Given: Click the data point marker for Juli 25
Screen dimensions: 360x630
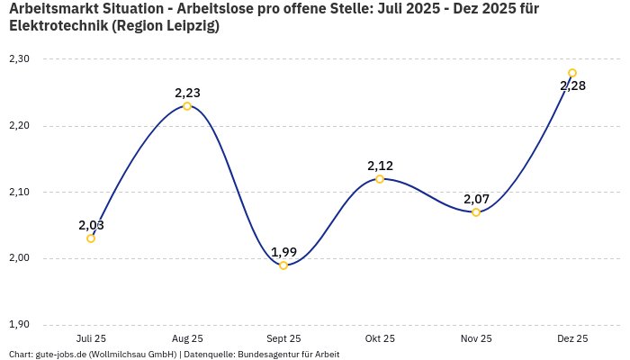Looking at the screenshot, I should coord(91,238).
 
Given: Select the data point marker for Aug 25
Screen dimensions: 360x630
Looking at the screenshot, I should coord(187,106).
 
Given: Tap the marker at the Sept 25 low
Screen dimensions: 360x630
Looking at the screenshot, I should coord(283,265).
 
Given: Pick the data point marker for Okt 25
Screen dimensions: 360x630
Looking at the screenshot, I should coord(380,179).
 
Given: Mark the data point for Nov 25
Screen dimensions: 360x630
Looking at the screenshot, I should coord(476,212).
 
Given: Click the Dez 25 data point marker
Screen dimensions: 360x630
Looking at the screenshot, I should coord(572,73).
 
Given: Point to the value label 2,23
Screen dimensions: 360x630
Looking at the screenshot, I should coord(187,93).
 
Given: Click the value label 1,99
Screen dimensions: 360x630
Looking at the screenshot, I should coord(283,252).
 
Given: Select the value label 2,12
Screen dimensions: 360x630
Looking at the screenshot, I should coord(380,166).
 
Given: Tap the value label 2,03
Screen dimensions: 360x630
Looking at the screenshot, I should coord(91,225).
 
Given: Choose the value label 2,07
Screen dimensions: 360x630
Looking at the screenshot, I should coord(476,199).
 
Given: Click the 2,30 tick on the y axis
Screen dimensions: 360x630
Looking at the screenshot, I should coord(19,59).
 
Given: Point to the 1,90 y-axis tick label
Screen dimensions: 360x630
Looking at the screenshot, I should coord(19,325).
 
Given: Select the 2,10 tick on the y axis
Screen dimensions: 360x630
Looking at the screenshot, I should coord(19,193).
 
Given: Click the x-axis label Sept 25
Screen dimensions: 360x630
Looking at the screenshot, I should coord(283,339).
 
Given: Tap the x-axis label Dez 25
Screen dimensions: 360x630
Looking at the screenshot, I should coord(572,339).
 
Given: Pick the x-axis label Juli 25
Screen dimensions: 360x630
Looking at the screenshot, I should coord(91,339).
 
